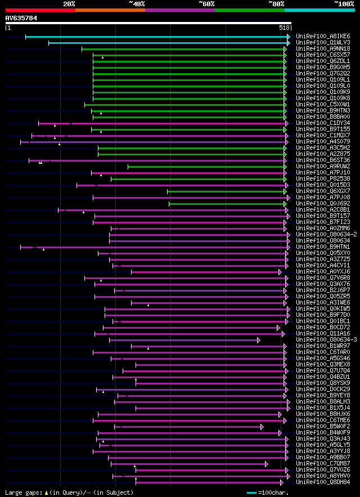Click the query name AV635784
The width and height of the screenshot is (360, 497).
21,18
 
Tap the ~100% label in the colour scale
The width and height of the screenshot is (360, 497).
344,3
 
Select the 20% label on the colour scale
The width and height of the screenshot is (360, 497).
69,3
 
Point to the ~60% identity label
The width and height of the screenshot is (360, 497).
206,3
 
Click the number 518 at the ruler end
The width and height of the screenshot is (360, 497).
284,27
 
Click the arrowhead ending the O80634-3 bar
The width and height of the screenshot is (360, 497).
259,340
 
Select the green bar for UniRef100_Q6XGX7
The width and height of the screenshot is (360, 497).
226,191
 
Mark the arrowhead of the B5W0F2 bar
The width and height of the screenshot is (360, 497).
262,427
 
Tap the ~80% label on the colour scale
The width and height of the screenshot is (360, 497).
276,3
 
